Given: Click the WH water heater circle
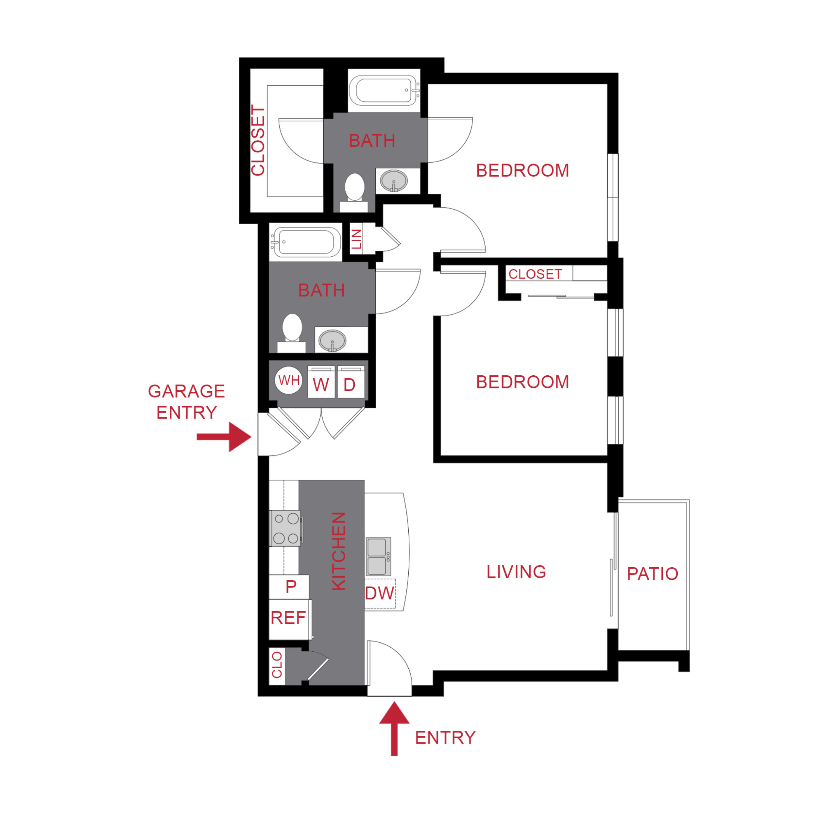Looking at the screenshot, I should point(288,380).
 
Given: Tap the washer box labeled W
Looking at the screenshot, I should point(321,382).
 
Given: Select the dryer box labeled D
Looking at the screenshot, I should point(350,382).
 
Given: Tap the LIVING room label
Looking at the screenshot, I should point(516,572).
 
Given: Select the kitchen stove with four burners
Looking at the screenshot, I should point(285,528).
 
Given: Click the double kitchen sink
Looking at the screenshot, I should point(378,556).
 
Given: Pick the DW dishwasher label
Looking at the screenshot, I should point(380,593).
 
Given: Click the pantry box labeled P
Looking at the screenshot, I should point(291,587).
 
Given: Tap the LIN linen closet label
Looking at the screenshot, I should point(356,239).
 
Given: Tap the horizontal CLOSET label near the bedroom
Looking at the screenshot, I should point(535,274).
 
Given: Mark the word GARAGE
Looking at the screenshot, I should point(186,391).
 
